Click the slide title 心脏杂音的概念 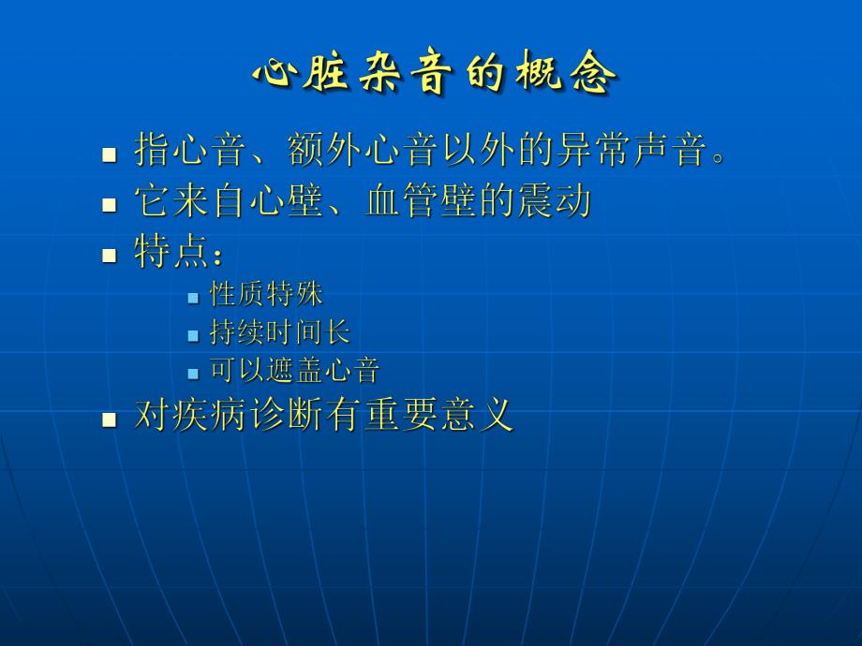click(435, 74)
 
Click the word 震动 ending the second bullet click(554, 201)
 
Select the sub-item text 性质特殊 click(267, 295)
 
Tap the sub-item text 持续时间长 click(280, 332)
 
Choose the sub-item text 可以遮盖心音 click(294, 371)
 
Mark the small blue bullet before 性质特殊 click(193, 298)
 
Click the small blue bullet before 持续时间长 click(193, 335)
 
